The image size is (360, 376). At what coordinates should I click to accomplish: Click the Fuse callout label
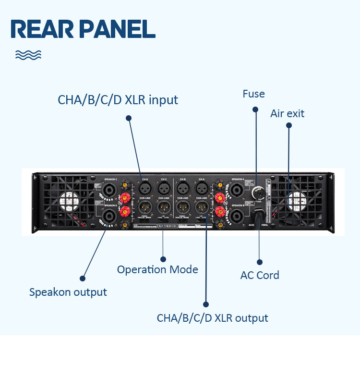(x=253, y=94)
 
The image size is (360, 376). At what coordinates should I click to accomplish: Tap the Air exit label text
(x=287, y=113)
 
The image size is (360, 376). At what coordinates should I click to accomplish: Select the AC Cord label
(x=259, y=275)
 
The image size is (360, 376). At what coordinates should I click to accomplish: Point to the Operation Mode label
(x=157, y=269)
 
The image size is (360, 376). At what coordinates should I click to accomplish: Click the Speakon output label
(x=68, y=292)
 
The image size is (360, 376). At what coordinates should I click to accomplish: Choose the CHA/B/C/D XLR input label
(x=118, y=100)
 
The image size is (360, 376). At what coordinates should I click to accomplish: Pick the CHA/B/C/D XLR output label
(x=212, y=318)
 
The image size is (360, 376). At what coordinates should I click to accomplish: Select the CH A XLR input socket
(x=201, y=187)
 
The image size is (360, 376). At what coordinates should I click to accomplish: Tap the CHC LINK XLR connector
(x=164, y=207)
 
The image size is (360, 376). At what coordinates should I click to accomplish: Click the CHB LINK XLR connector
(x=182, y=207)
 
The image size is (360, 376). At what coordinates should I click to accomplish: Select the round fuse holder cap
(x=257, y=193)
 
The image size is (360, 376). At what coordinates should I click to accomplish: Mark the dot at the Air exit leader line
(x=289, y=125)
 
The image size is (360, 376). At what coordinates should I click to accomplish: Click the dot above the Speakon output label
(x=83, y=278)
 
